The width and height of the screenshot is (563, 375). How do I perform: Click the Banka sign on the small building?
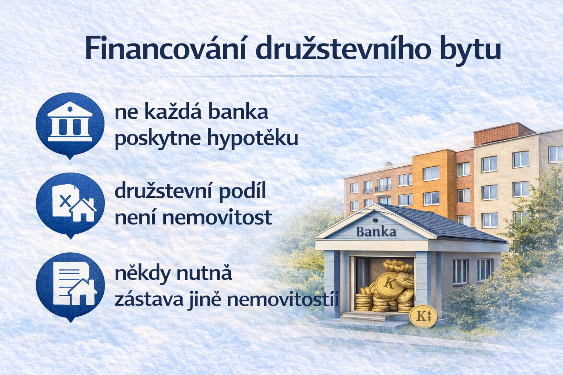tap(376, 232)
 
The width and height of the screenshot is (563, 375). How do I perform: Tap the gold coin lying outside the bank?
tap(423, 316)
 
